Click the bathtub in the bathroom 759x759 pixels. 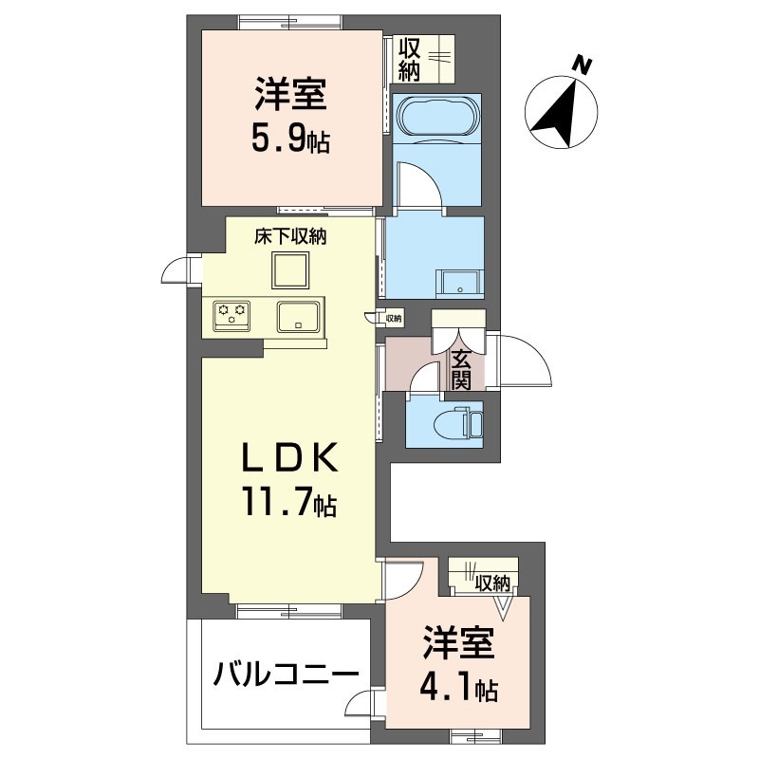pyautogui.click(x=437, y=117)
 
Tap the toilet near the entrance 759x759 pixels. pyautogui.click(x=454, y=420)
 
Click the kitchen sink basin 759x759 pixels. pyautogui.click(x=299, y=315)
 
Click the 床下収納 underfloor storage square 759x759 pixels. pyautogui.click(x=291, y=269)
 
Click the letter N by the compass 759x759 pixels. pyautogui.click(x=583, y=65)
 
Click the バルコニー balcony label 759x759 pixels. pyautogui.click(x=285, y=676)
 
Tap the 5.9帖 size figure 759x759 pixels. pyautogui.click(x=289, y=141)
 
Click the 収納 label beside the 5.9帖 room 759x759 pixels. pyautogui.click(x=409, y=58)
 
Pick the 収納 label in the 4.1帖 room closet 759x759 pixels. pyautogui.click(x=493, y=582)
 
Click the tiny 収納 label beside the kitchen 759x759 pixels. pyautogui.click(x=393, y=319)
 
